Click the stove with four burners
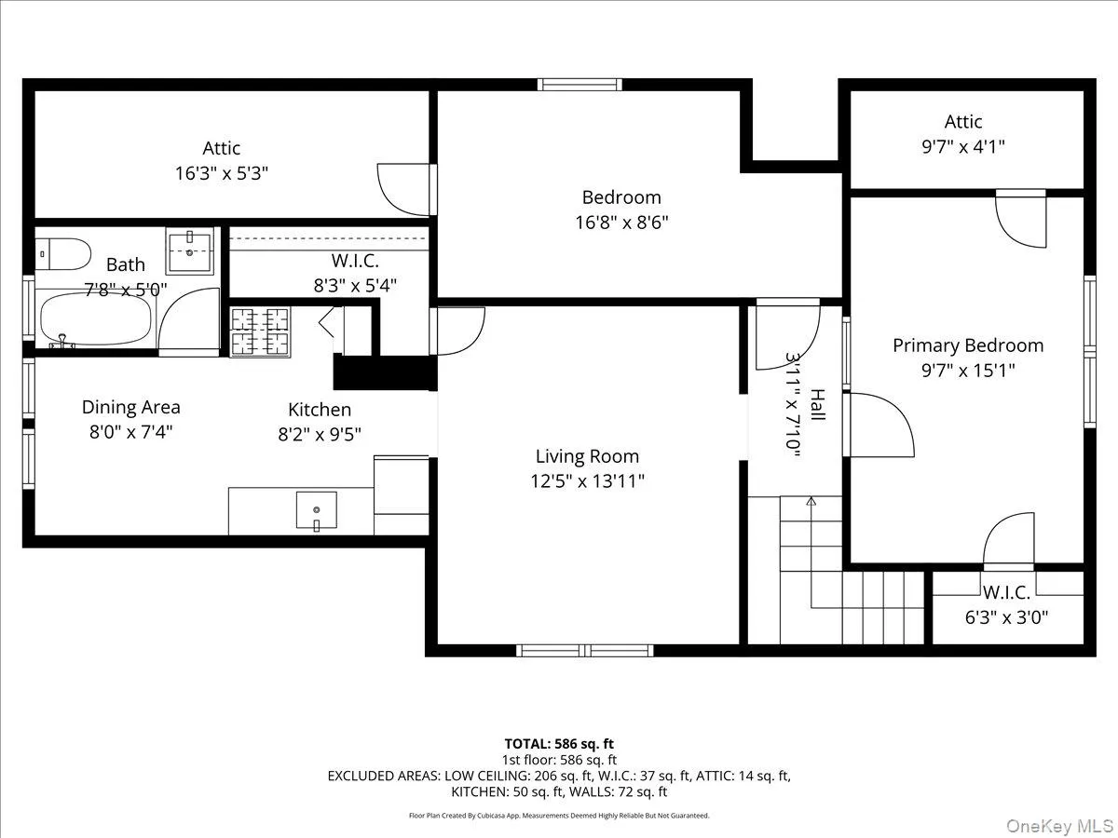point(260,331)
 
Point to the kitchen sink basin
point(317,510)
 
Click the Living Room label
point(587,456)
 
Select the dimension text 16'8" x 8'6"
point(620,223)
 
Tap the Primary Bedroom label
point(968,345)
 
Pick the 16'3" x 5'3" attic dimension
point(222,173)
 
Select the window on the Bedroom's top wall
point(579,85)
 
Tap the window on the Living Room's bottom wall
point(585,650)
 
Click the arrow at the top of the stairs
point(811,502)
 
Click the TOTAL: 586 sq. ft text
point(559,744)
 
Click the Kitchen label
point(320,410)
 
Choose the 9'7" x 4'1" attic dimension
point(963,146)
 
